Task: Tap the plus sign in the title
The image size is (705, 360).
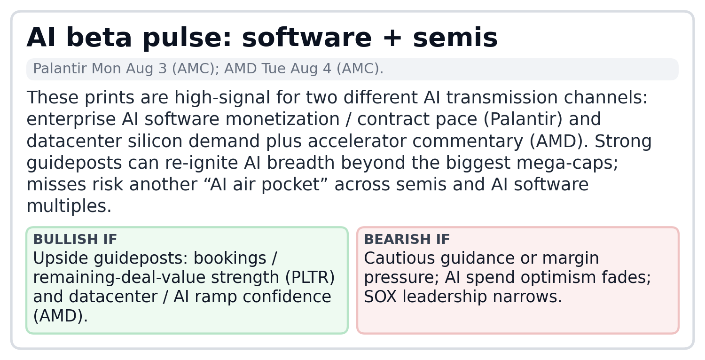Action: (x=392, y=38)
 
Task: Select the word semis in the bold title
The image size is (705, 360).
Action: (x=455, y=38)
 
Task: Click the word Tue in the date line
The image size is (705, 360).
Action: (x=273, y=69)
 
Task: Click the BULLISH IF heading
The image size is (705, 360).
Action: (x=75, y=239)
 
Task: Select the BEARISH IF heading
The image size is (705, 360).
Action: (x=407, y=239)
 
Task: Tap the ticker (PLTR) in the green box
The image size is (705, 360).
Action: (x=310, y=278)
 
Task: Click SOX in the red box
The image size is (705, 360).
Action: (x=380, y=297)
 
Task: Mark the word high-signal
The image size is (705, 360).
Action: (x=222, y=98)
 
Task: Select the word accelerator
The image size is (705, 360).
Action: (x=357, y=141)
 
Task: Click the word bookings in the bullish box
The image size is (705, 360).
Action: (x=230, y=258)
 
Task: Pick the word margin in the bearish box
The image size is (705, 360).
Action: (x=570, y=258)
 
